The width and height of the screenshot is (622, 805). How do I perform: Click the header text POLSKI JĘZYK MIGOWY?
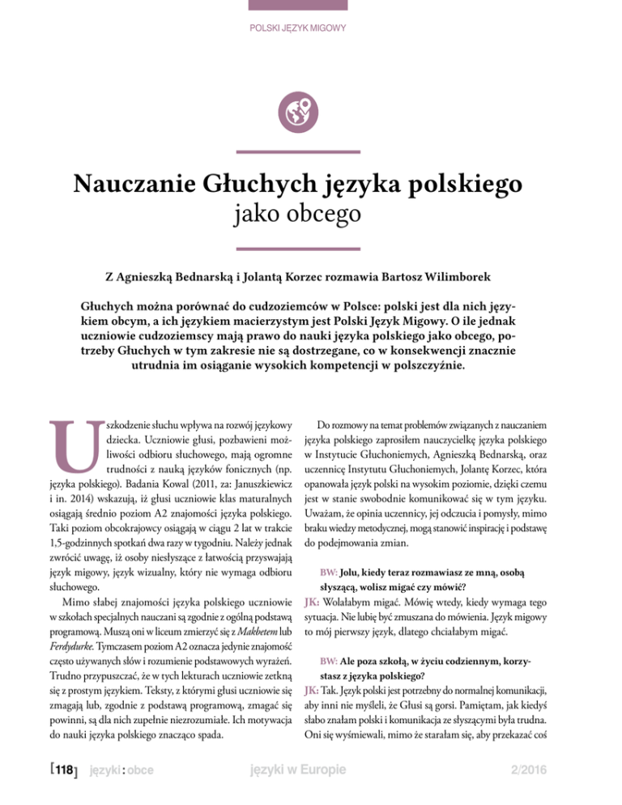pyautogui.click(x=310, y=29)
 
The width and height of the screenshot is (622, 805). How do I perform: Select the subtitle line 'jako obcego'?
pyautogui.click(x=310, y=217)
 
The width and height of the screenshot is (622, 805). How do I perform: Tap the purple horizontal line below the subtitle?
pyautogui.click(x=310, y=248)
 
